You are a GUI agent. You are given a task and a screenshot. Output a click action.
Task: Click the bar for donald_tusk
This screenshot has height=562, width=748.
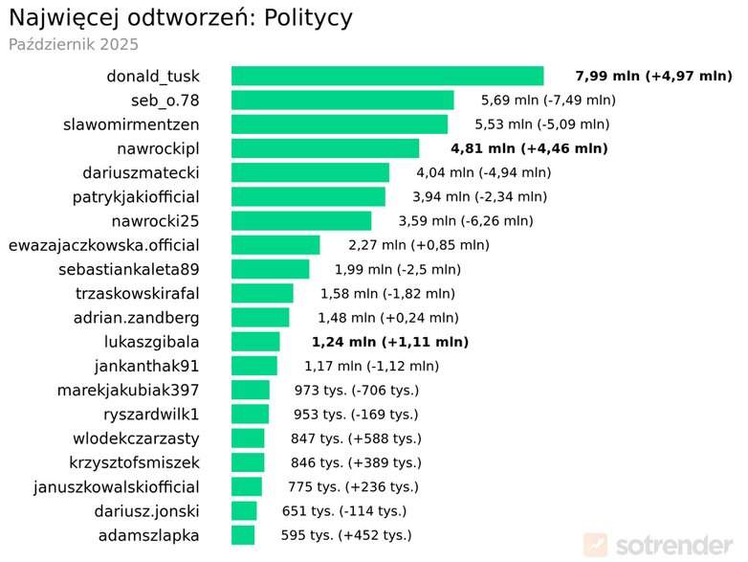pos(387,76)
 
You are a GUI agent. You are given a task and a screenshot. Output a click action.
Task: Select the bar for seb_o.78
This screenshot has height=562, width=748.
pos(342,100)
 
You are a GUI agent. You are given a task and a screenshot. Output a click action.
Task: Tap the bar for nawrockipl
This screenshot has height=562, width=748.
pos(325,148)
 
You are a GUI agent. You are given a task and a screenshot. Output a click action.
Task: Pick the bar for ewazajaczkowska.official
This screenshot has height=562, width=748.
pos(275,245)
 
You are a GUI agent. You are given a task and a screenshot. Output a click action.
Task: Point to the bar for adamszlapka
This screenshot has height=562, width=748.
pos(243,535)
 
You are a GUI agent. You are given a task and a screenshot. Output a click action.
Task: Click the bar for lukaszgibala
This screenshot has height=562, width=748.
pos(255,342)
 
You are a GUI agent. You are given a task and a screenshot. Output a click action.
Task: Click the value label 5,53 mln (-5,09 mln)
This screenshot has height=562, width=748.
pos(542,124)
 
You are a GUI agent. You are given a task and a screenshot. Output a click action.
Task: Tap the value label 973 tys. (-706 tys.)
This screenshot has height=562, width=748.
pos(357,391)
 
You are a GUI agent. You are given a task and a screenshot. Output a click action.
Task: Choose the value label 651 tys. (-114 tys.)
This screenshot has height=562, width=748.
pos(344,511)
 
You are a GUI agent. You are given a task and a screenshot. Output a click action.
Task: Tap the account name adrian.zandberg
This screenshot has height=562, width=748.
pos(137,318)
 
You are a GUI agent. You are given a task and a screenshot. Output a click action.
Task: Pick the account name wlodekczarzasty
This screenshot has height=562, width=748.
pos(136,438)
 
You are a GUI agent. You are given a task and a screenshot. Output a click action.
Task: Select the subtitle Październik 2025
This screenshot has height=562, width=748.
pos(74,44)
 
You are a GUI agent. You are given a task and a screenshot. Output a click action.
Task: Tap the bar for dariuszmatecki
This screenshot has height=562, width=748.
pos(310,172)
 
